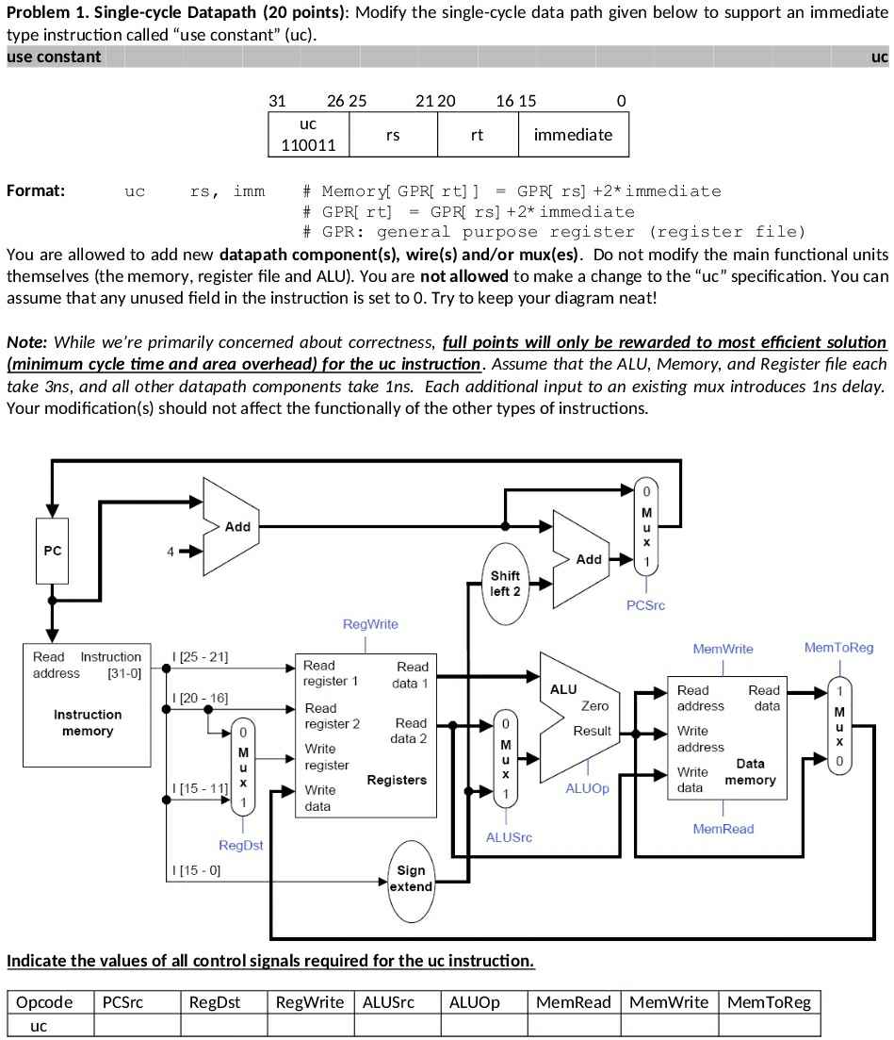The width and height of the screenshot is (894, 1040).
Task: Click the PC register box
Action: (x=53, y=551)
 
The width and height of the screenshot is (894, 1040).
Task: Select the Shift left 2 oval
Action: (x=505, y=584)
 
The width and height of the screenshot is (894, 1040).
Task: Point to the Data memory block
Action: (x=726, y=737)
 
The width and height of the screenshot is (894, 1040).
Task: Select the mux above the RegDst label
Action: (x=242, y=766)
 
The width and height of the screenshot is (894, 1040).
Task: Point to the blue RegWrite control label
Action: (x=370, y=624)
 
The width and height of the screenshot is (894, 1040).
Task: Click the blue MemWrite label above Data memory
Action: (x=723, y=649)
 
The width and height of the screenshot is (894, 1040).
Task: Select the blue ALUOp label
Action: (x=587, y=788)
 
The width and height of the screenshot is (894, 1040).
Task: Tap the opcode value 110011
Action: (x=308, y=145)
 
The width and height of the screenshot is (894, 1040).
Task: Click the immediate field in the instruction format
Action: (x=573, y=135)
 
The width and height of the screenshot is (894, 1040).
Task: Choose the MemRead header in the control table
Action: (x=573, y=1002)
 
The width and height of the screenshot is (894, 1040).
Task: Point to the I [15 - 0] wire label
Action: (x=196, y=870)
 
